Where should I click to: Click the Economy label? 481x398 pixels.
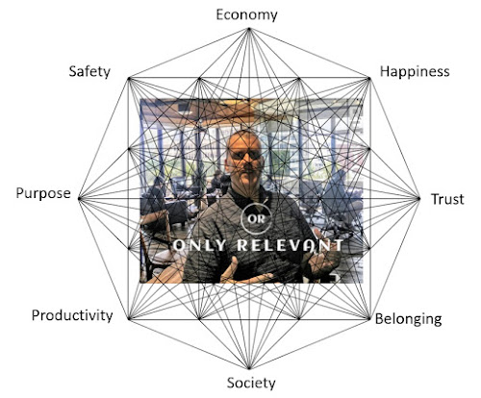246,15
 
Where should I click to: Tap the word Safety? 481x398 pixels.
89,71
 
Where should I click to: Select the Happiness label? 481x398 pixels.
415,71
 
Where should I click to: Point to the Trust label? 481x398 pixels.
447,199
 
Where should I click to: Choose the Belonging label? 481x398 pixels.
408,319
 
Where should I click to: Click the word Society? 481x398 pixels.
251,383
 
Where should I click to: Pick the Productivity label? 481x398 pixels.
72,315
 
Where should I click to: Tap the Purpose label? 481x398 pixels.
43,193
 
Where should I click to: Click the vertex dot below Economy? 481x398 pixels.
249,29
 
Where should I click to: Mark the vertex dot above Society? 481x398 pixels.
249,368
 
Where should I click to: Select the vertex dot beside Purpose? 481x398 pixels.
79,199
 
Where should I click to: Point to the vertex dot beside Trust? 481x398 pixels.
418,199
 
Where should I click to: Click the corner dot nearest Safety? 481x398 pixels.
129,79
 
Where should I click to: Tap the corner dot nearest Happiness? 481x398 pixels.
368,79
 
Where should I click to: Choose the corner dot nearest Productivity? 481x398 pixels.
129,318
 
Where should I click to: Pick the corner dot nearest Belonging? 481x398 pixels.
368,318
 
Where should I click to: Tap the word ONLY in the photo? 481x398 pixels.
200,245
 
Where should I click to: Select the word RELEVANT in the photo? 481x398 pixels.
290,245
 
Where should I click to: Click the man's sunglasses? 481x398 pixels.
245,156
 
